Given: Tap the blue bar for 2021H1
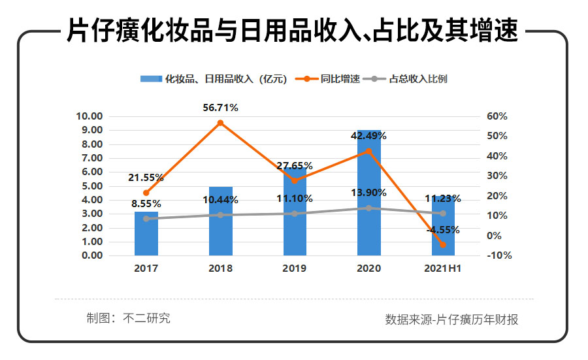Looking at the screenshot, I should [x=443, y=225].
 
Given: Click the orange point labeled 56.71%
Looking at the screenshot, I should [x=220, y=123].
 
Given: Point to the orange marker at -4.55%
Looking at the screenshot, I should [x=443, y=244].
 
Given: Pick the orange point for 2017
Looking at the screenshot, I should [x=146, y=193].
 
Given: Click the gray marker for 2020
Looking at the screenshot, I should [x=368, y=208].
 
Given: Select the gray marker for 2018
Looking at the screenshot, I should [x=220, y=215].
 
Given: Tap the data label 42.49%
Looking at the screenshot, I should [x=368, y=136].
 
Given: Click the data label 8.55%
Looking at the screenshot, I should [x=146, y=204].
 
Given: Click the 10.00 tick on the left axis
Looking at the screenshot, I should [x=90, y=116].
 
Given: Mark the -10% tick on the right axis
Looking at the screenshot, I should [x=499, y=255].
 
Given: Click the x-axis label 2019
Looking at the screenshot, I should [x=294, y=268].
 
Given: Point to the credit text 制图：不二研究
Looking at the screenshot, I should [x=129, y=318].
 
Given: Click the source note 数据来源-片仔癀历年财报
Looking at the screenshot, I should [x=452, y=319].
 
